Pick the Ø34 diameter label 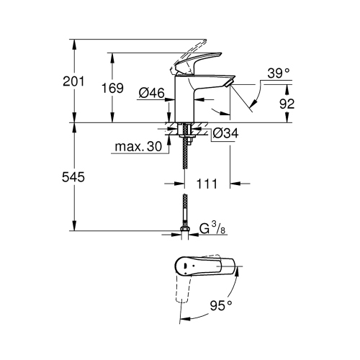pyautogui.click(x=225, y=132)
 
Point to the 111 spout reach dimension pyautogui.click(x=207, y=184)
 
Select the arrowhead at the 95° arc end pyautogui.click(x=181, y=317)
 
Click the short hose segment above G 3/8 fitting pyautogui.click(x=185, y=209)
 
